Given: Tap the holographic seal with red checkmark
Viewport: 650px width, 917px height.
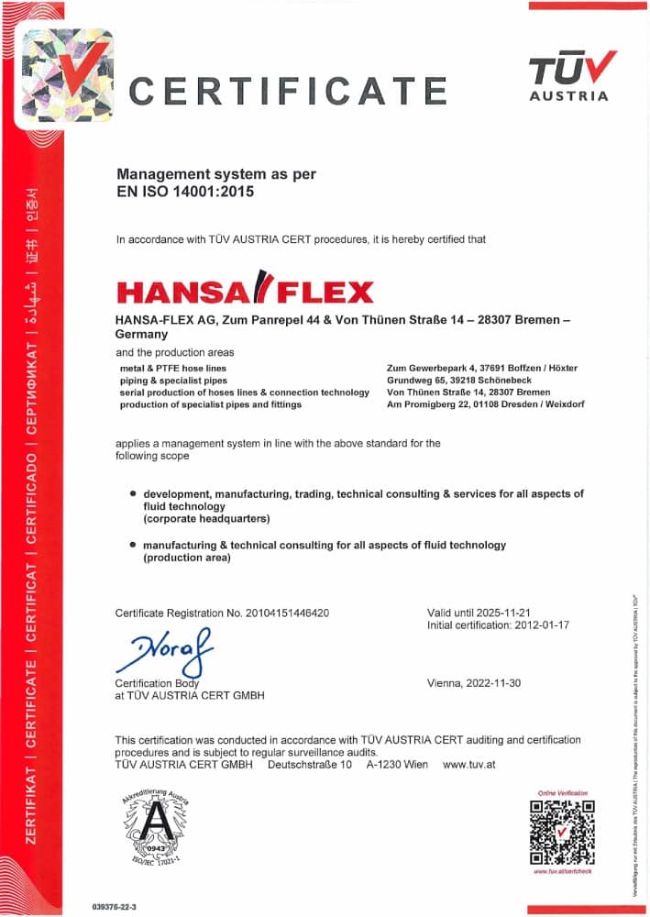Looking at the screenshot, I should pos(68,75).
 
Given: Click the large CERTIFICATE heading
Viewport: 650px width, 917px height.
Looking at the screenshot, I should pos(287,92).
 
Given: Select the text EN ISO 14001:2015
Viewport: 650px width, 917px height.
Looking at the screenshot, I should pos(184,193).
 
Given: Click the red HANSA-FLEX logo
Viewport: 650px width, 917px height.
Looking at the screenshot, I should pos(245,290).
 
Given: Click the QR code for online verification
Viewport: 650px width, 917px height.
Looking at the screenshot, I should pos(562,832).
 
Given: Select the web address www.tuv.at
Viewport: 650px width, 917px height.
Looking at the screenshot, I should pos(468,764).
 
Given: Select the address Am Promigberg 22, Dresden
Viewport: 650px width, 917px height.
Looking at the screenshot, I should pos(486,403).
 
